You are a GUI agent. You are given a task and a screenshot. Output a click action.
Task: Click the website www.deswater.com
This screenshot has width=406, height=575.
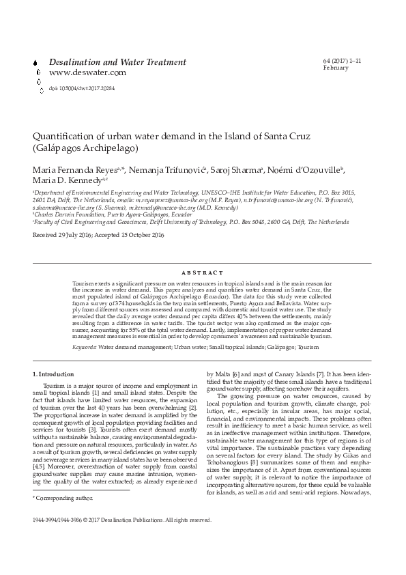tap(87, 72)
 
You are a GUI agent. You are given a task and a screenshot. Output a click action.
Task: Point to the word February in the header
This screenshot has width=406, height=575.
tap(336, 68)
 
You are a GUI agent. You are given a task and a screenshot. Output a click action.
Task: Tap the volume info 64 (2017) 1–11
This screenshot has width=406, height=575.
tap(343, 61)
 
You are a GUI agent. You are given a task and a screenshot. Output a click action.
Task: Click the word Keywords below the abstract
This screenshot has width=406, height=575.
tap(85, 328)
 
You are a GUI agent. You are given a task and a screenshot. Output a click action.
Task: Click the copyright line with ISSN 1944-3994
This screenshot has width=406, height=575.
tap(122, 539)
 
